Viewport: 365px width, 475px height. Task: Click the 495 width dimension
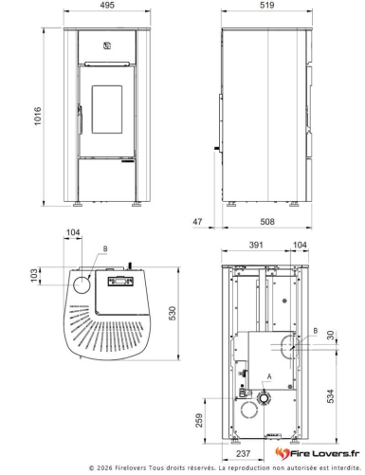pyautogui.click(x=107, y=5)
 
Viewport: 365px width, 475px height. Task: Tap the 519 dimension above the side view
pyautogui.click(x=266, y=5)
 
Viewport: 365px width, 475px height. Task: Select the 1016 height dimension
pyautogui.click(x=38, y=116)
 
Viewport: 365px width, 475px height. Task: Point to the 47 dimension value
pyautogui.click(x=197, y=222)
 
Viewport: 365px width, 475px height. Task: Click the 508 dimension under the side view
pyautogui.click(x=267, y=222)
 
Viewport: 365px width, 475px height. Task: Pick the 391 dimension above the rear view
pyautogui.click(x=256, y=245)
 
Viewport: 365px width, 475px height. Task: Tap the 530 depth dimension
pyautogui.click(x=173, y=313)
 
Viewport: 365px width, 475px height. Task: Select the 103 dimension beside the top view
pyautogui.click(x=34, y=276)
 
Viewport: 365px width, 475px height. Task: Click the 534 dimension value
pyautogui.click(x=330, y=396)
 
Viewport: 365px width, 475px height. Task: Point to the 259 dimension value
pyautogui.click(x=199, y=420)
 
